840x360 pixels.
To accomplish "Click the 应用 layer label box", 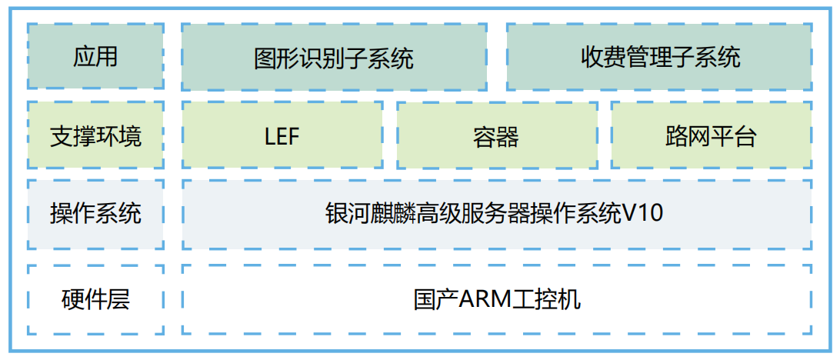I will [95, 56].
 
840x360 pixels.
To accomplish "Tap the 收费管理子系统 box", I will [659, 56].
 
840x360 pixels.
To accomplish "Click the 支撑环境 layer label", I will [95, 136].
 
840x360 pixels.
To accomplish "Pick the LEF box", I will [282, 136].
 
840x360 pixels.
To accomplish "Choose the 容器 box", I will [496, 136].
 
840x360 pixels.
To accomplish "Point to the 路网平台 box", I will [711, 136].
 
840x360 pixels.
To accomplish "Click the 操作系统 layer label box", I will [95, 214].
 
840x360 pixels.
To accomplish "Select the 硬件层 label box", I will [95, 299].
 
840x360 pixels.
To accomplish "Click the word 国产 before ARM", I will [435, 299].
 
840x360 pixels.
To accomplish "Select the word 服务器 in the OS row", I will [506, 213].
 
